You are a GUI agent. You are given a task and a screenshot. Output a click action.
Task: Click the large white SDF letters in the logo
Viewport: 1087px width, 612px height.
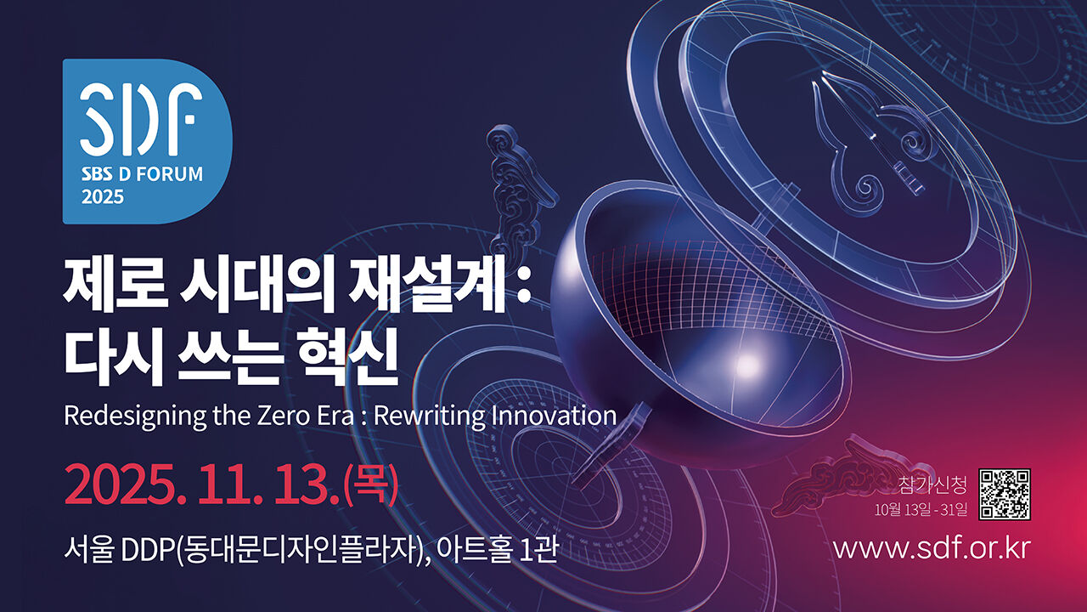pyautogui.click(x=141, y=119)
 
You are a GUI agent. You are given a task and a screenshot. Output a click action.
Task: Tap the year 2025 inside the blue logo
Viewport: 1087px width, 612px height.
pyautogui.click(x=103, y=197)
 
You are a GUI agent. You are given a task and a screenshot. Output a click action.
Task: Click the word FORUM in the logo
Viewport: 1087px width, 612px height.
pyautogui.click(x=169, y=174)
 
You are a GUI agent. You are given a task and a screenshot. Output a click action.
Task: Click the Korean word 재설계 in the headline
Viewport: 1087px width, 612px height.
pyautogui.click(x=427, y=286)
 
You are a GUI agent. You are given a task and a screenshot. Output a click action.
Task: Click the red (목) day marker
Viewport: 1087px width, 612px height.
pyautogui.click(x=371, y=484)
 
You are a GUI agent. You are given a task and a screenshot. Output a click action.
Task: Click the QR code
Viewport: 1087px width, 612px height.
pyautogui.click(x=1005, y=495)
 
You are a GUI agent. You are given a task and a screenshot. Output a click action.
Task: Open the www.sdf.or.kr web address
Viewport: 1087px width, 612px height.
pyautogui.click(x=932, y=548)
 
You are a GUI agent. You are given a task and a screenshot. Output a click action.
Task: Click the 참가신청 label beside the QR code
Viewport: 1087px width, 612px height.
pyautogui.click(x=932, y=484)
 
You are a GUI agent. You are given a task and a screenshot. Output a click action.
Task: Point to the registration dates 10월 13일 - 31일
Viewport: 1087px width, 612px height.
pyautogui.click(x=921, y=511)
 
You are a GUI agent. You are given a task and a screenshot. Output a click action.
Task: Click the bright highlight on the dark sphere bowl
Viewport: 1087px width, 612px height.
pyautogui.click(x=749, y=363)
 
